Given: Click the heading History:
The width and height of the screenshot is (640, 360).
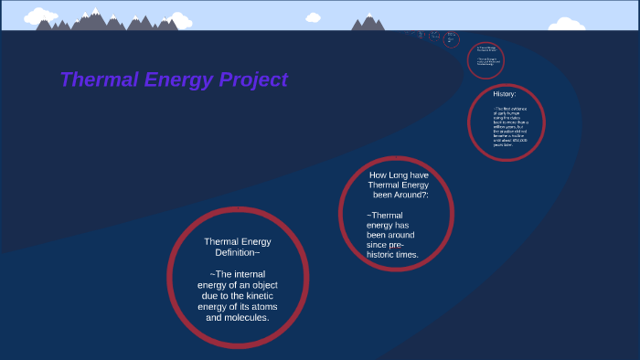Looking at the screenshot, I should click(505, 94).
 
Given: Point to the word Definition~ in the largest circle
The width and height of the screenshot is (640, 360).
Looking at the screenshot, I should click(238, 252).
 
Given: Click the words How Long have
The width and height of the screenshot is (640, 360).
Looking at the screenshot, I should click(399, 175).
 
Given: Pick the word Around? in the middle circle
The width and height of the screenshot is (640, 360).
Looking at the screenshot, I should click(410, 195).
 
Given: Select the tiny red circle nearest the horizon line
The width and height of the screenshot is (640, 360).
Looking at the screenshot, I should click(420, 35).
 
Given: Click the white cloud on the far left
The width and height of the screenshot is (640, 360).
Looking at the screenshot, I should click(38, 15).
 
